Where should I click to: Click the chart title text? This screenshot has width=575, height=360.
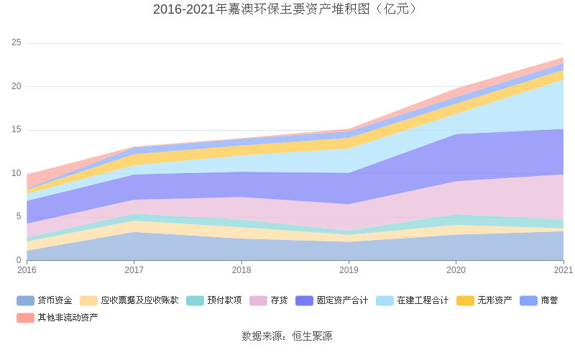[287, 9]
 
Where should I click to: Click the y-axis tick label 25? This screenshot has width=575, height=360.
[17, 43]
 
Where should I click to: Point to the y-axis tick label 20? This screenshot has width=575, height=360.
[17, 86]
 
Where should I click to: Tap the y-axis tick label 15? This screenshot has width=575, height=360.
[17, 130]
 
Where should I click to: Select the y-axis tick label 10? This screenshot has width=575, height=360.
[17, 173]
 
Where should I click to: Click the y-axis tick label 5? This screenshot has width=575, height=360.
[19, 217]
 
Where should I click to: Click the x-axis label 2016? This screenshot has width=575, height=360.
[27, 270]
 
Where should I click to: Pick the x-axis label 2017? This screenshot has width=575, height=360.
[134, 270]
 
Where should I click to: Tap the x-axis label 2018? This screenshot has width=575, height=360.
[241, 270]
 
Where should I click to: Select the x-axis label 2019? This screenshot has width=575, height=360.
[349, 270]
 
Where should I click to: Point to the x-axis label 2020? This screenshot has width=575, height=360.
[456, 270]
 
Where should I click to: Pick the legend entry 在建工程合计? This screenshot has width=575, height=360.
[423, 300]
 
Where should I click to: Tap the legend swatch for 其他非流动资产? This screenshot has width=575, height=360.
[25, 317]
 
